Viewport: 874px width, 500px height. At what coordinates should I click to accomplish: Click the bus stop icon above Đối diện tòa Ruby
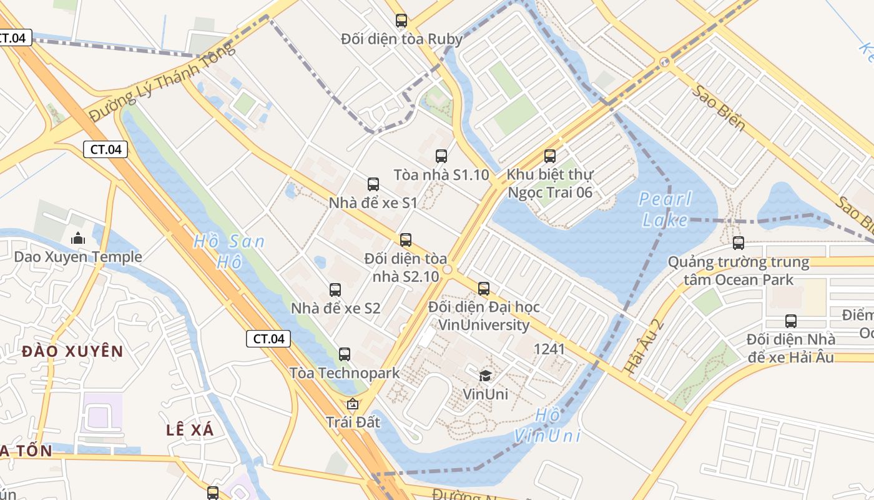click(x=401, y=21)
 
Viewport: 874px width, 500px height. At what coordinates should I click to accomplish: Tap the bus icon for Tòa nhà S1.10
click(x=441, y=156)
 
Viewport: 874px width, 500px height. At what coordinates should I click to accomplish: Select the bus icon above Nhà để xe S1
click(x=373, y=184)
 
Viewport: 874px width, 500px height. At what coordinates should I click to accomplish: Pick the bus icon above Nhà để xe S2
click(x=335, y=290)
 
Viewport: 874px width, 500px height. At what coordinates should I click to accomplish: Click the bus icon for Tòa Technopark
click(x=345, y=354)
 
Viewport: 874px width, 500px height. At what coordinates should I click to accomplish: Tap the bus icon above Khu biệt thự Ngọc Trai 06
click(x=550, y=156)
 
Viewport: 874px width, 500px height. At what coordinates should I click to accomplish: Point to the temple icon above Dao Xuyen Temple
click(x=78, y=238)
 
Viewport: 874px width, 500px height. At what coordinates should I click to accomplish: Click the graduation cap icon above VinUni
click(x=485, y=376)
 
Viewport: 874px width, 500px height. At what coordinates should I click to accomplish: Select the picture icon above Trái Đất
click(x=353, y=404)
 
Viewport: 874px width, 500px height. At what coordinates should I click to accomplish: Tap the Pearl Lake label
click(x=666, y=209)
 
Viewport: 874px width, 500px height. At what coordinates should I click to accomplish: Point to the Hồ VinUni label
click(x=547, y=425)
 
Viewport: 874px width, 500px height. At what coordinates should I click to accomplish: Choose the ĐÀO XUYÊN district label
click(x=72, y=351)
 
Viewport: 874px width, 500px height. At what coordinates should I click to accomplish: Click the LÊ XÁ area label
click(x=190, y=430)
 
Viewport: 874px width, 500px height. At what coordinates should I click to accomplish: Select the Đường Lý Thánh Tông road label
click(x=162, y=81)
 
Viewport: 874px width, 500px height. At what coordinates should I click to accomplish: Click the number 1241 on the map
click(x=549, y=349)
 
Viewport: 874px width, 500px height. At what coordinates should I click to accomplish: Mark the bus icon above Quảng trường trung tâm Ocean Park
click(x=739, y=243)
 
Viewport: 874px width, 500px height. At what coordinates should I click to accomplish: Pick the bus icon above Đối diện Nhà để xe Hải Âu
click(x=791, y=321)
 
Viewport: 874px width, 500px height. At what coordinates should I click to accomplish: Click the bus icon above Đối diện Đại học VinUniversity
click(x=484, y=289)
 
